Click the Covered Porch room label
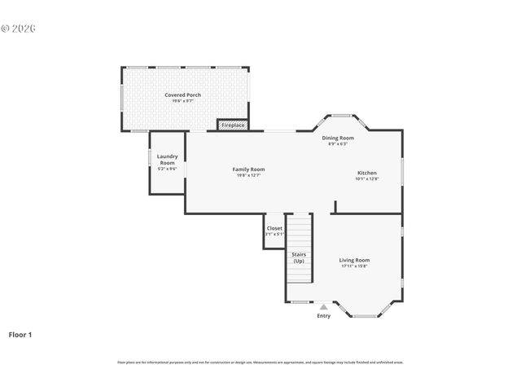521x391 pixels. tap(182, 94)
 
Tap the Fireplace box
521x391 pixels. tap(232, 125)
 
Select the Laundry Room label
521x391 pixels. tap(167, 159)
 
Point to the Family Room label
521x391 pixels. tap(248, 169)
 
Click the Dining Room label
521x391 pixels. tap(338, 138)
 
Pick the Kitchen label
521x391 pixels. tap(366, 173)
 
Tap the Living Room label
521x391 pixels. tap(354, 260)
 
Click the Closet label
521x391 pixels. tap(274, 229)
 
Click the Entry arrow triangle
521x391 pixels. tap(323, 307)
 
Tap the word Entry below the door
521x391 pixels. tap(323, 316)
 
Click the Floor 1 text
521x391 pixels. tap(20, 334)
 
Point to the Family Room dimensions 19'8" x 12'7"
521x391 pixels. tap(248, 175)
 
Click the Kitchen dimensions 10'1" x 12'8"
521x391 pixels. tap(366, 178)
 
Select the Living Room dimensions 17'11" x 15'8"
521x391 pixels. tap(354, 266)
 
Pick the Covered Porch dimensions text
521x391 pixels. tap(182, 100)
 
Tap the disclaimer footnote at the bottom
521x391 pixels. tap(260, 362)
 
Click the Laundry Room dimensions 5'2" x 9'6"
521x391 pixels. tap(167, 169)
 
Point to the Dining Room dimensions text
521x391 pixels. tap(338, 144)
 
